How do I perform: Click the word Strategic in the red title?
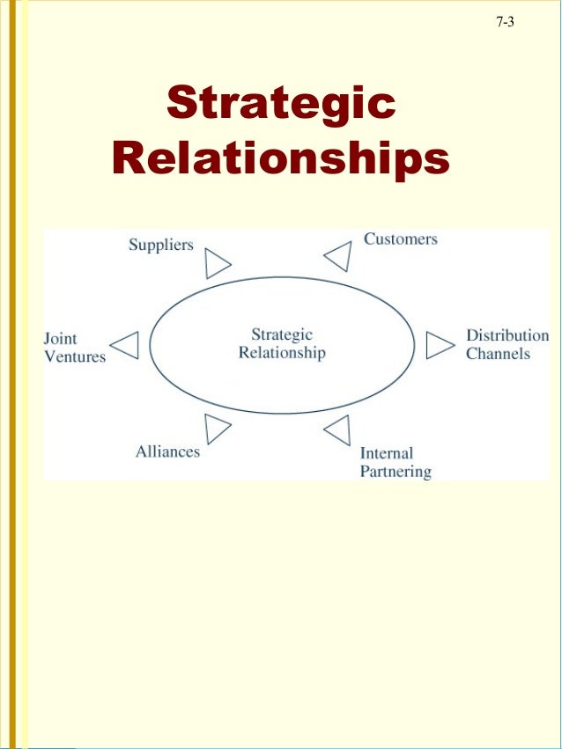pos(281,103)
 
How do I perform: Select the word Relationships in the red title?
pos(281,159)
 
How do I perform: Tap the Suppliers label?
pos(160,245)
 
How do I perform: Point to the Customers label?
pos(400,239)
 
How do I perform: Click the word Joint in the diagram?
pos(61,339)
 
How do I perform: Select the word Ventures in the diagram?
pos(75,356)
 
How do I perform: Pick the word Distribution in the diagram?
pos(507,335)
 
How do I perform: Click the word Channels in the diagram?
pos(498,354)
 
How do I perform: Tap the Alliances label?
pos(167,452)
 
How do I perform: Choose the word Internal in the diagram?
pos(386,454)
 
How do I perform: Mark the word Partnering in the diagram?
pos(396,472)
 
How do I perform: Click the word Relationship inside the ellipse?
pos(282,353)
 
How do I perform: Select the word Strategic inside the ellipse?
pos(282,334)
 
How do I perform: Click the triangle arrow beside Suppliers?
pos(217,263)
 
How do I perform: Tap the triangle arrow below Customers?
pos(337,257)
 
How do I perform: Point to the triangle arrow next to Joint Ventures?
pos(126,345)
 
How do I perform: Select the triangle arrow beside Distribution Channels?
pos(439,345)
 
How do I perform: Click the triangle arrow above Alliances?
pos(217,429)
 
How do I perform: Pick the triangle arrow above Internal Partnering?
pos(337,430)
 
